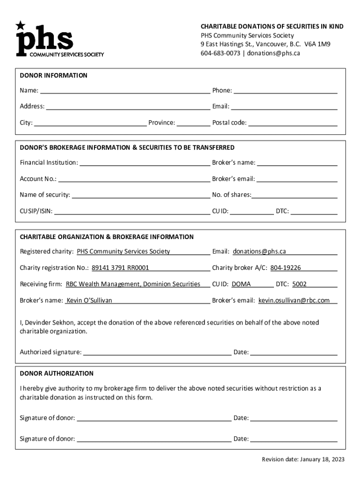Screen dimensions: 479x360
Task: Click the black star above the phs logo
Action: [21, 25]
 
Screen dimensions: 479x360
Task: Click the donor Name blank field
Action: [125, 90]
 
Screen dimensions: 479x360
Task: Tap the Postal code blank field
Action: [293, 123]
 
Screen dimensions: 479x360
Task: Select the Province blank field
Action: [194, 123]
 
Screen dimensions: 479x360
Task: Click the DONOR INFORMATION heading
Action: [53, 75]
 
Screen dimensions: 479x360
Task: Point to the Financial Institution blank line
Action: [144, 162]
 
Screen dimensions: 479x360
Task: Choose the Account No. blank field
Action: [134, 179]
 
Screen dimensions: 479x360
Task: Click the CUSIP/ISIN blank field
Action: [132, 211]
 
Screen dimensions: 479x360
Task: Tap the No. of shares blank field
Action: [295, 195]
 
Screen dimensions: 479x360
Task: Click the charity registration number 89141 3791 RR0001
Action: [120, 268]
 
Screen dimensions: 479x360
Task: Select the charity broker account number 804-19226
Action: [285, 268]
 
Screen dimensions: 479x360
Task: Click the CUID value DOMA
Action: [241, 284]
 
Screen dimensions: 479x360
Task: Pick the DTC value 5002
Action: [299, 284]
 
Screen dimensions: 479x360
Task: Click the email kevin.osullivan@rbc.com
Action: [294, 300]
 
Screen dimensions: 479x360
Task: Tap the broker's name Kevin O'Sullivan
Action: [89, 300]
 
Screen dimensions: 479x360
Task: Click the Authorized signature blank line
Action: [157, 352]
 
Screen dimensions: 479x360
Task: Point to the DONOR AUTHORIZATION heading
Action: [57, 373]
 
